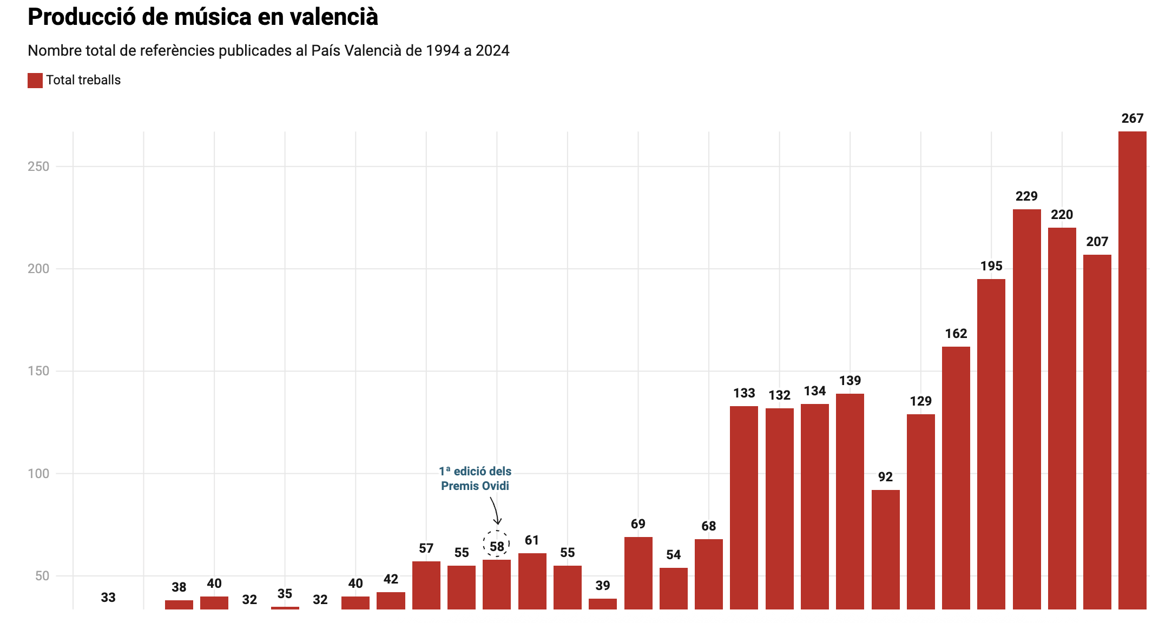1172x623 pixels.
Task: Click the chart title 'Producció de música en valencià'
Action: pos(203,17)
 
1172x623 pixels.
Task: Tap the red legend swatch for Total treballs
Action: pos(35,81)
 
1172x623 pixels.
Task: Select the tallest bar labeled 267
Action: pos(1132,370)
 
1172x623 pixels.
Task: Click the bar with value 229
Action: pos(1026,409)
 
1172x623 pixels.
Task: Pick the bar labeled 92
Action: pos(885,549)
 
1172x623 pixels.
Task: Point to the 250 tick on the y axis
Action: pos(38,167)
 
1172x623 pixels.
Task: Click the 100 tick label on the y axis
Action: pos(38,474)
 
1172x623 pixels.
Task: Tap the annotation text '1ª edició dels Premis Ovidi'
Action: pos(475,479)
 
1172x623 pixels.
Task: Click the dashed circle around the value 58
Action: pos(496,544)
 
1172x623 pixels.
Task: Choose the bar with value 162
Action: pos(956,478)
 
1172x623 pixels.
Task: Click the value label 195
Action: pos(991,266)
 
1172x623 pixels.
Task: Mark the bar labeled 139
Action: pos(850,501)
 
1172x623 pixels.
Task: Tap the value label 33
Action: pos(108,598)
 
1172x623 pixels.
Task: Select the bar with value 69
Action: pos(638,573)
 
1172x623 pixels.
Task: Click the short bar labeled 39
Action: pos(603,604)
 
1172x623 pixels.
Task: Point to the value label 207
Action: pos(1097,242)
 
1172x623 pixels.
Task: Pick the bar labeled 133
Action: pos(744,507)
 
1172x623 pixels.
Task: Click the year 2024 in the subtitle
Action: pos(492,51)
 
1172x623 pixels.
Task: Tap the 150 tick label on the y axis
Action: pos(38,371)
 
